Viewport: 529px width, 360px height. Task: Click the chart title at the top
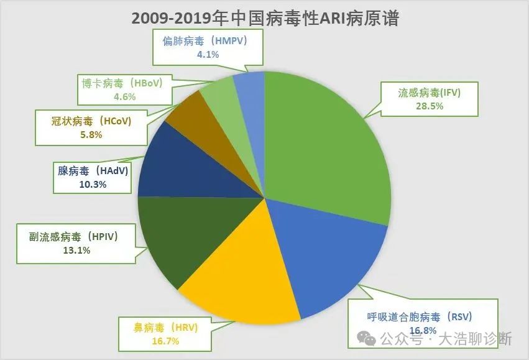pos(264,18)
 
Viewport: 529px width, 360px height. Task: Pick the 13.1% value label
pos(77,251)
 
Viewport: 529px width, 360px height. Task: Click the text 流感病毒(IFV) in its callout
pos(430,93)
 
